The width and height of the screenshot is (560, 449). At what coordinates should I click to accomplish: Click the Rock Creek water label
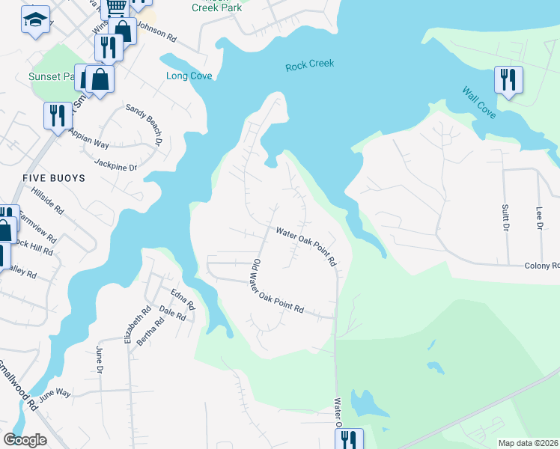pyautogui.click(x=309, y=66)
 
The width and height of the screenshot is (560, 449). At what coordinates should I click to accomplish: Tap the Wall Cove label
pyautogui.click(x=478, y=103)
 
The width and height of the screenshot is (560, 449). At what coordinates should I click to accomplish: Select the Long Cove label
pyautogui.click(x=189, y=76)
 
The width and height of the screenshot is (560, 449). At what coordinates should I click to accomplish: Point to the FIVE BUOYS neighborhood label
pyautogui.click(x=54, y=178)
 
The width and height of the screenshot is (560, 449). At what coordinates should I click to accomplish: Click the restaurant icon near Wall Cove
pyautogui.click(x=508, y=79)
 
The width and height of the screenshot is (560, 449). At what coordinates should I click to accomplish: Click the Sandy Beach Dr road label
pyautogui.click(x=144, y=123)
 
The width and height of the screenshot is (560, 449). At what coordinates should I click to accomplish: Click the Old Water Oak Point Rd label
pyautogui.click(x=276, y=287)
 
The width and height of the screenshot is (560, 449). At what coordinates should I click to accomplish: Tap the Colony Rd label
pyautogui.click(x=541, y=266)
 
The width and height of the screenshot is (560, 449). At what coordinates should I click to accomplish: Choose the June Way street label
pyautogui.click(x=54, y=394)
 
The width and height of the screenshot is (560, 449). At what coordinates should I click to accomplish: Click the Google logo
pyautogui.click(x=25, y=440)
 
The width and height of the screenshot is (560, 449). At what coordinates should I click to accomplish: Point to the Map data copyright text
pyautogui.click(x=528, y=443)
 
